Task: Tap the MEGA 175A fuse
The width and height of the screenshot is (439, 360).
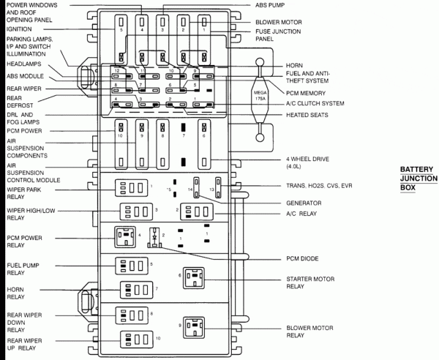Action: [260, 96]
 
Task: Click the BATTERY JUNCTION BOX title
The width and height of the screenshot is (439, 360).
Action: [418, 178]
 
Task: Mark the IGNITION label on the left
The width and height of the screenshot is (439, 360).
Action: [20, 30]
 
